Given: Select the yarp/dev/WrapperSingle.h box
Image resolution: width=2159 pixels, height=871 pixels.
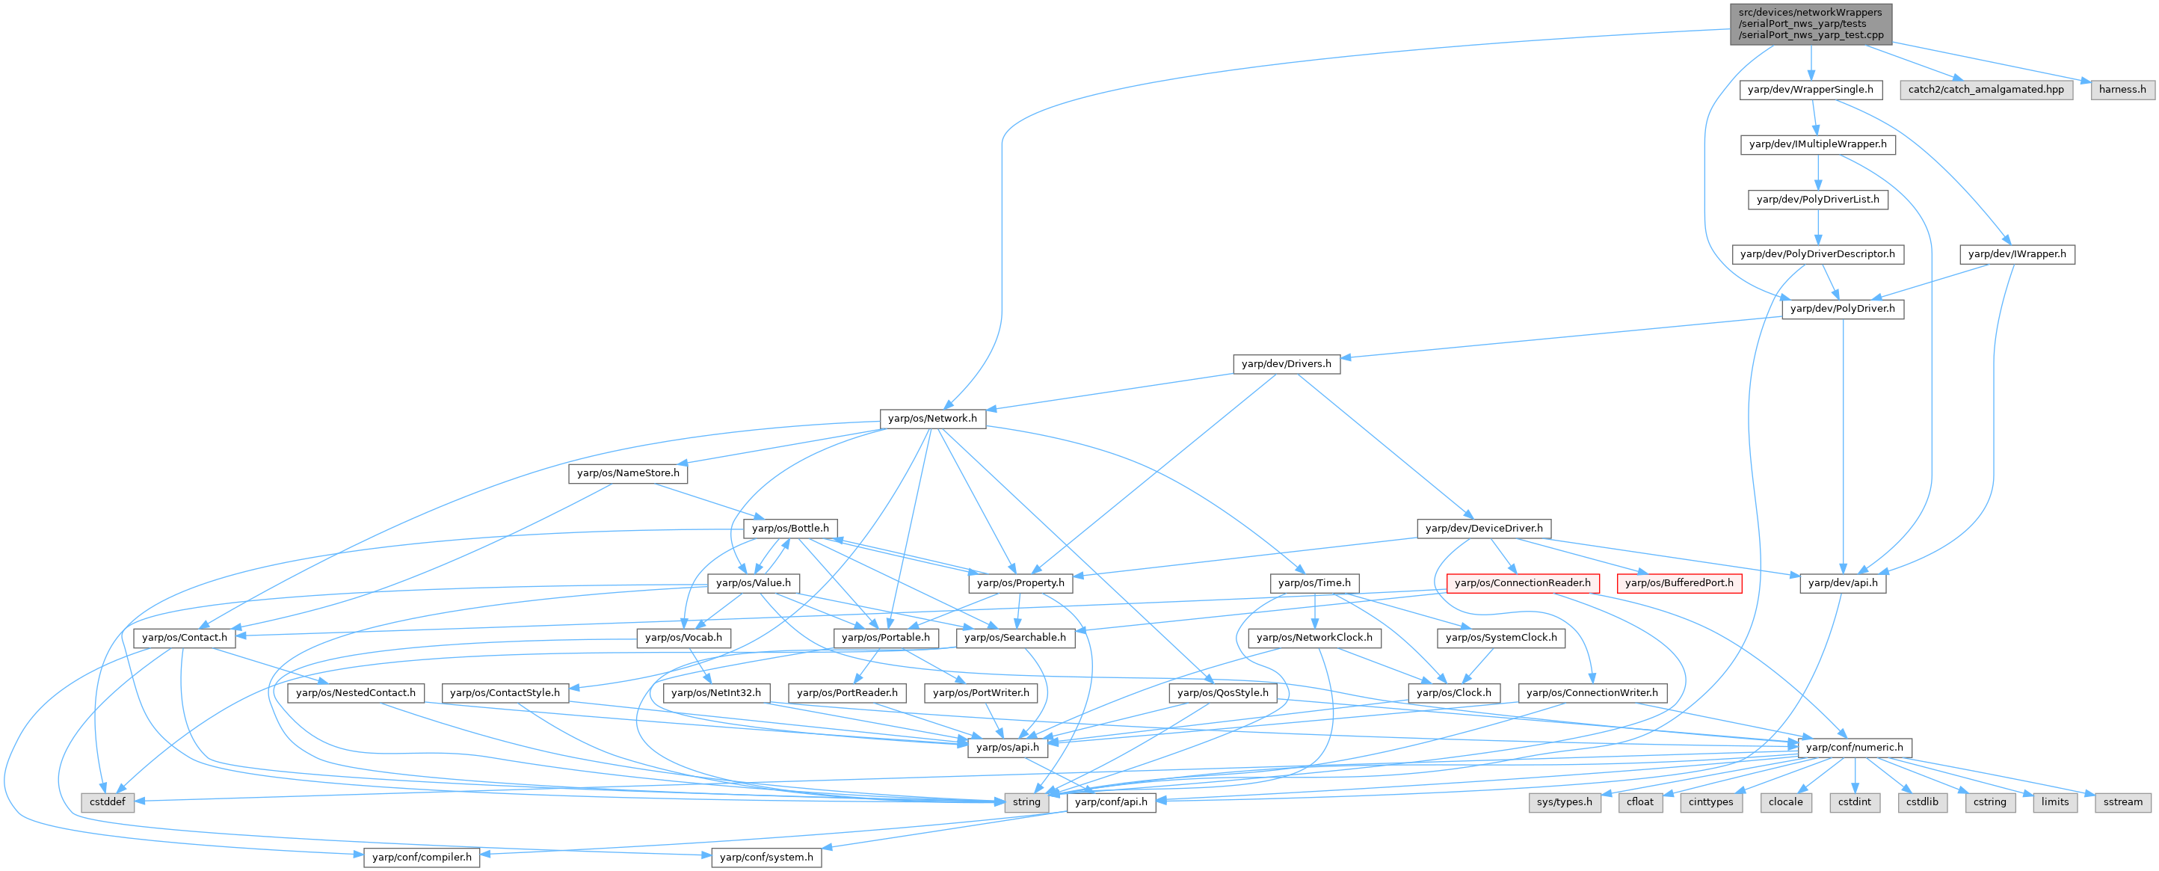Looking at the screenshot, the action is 1811,90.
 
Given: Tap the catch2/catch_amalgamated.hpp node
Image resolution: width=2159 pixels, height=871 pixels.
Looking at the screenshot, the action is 1986,90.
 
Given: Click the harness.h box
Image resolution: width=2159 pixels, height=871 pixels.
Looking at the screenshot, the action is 2122,90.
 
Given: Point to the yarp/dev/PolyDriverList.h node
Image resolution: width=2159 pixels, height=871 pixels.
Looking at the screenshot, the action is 1818,200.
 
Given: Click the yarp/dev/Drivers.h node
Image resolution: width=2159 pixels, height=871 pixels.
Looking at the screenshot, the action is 1287,364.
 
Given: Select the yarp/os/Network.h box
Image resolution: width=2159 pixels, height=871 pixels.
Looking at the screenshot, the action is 933,419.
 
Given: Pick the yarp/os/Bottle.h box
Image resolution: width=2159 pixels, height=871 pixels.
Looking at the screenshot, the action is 790,528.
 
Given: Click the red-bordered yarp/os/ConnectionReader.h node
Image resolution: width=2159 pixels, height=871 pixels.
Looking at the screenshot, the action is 1523,582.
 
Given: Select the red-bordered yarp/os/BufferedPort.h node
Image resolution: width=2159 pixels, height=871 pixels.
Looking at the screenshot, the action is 1680,582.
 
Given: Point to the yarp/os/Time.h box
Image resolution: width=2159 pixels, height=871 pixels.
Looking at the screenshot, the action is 1314,582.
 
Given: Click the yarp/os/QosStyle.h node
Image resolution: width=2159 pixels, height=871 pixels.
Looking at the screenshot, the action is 1223,693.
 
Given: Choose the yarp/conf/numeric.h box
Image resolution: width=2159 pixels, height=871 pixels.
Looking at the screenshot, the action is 1855,748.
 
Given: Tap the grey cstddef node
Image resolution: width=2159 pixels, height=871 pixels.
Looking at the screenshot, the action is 108,802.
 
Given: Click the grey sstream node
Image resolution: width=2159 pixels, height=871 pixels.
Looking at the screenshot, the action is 2123,802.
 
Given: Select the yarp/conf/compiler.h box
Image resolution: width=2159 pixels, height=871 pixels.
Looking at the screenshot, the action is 422,858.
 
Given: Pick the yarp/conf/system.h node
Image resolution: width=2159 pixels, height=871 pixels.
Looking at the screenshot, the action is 767,858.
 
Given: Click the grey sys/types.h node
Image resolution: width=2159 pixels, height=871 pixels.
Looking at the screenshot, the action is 1565,802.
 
